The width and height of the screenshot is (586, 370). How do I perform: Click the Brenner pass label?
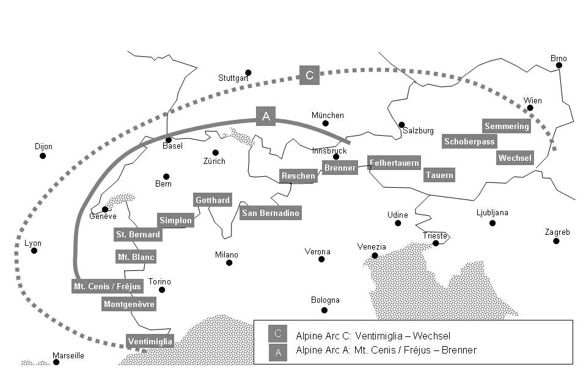point(340,168)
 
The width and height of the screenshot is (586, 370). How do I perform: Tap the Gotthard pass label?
point(213,200)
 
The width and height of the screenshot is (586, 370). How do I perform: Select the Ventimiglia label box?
point(150,341)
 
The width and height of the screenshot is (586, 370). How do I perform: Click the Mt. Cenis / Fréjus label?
point(108,286)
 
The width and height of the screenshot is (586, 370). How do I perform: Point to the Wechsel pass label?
point(515,158)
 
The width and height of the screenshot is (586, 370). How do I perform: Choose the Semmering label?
point(507,126)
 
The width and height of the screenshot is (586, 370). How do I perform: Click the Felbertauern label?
point(395,163)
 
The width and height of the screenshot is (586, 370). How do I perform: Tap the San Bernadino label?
point(271,213)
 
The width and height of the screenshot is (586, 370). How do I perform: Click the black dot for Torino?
point(162,290)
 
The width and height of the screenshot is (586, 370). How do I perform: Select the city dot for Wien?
point(530,108)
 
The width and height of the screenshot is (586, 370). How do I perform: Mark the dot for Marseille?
point(56,362)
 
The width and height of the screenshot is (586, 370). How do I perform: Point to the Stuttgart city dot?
point(248,73)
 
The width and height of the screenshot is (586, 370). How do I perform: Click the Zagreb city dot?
point(556,241)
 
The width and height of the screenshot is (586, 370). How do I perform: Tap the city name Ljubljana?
point(492,213)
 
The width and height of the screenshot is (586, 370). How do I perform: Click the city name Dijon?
point(44,147)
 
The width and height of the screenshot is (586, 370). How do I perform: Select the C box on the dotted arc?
point(309,75)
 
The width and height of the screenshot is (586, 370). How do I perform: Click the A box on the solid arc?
point(266,116)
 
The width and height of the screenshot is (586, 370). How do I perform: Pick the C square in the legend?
point(277,334)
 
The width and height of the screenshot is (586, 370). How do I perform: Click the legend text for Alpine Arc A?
point(386,350)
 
